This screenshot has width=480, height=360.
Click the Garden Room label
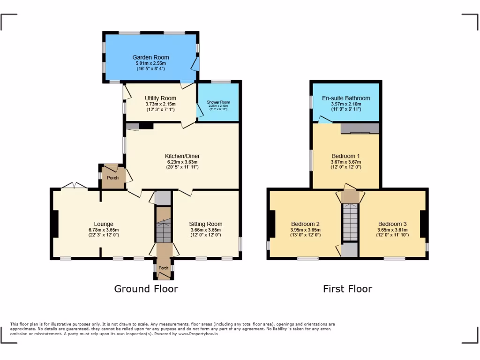(150, 57)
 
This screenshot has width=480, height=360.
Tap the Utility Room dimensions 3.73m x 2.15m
(160, 104)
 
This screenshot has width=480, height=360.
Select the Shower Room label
(218, 102)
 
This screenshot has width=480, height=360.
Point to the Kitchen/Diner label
(182, 156)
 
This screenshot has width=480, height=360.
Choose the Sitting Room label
(206, 224)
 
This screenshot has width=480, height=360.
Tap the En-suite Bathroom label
(346, 98)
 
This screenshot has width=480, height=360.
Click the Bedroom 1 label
(346, 156)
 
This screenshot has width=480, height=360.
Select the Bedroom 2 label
(305, 224)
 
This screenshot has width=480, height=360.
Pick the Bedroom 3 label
(392, 224)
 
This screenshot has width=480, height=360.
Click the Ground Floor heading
(146, 289)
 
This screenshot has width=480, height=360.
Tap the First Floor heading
(347, 289)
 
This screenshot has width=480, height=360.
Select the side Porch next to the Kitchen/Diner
(112, 178)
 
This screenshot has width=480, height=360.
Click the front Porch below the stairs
(163, 268)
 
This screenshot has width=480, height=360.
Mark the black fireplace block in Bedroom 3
(424, 224)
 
